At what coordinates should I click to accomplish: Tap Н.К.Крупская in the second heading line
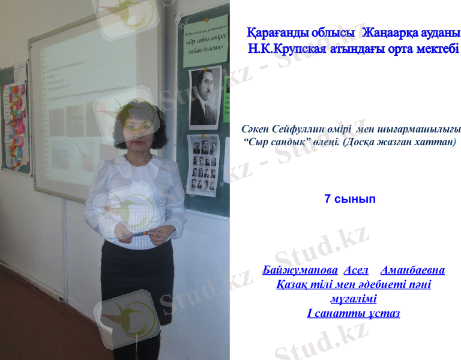(288, 48)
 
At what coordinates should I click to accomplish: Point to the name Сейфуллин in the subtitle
(297, 130)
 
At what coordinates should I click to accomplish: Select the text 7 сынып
(349, 199)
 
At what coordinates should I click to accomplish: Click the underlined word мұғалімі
(353, 298)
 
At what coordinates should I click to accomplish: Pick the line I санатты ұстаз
(353, 313)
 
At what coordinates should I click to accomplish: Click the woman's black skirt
(137, 276)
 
